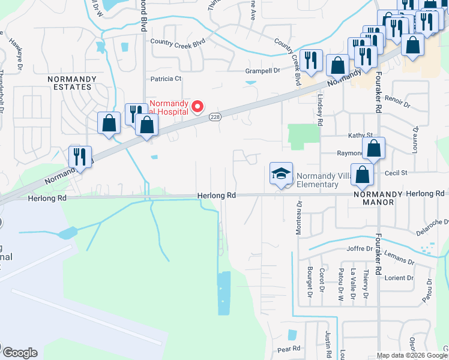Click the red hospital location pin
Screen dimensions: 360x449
[x=196, y=106]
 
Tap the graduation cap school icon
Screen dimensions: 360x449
[x=281, y=174]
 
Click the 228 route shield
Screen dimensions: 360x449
[x=214, y=118]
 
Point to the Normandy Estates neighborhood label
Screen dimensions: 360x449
[x=70, y=83]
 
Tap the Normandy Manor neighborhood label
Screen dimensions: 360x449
[x=382, y=198]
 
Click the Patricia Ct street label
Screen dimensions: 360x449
[x=166, y=79]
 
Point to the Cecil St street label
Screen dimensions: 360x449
[x=396, y=173]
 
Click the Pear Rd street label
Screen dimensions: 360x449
[x=289, y=349]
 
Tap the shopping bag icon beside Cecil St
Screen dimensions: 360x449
[x=363, y=175]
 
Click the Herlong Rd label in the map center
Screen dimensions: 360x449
[x=217, y=196]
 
